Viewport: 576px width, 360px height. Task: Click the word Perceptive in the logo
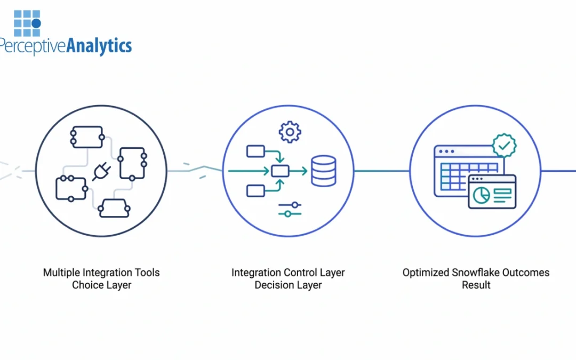click(x=33, y=46)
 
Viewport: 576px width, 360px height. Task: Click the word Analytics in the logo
click(x=99, y=46)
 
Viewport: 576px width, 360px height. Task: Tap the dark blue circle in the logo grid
click(x=36, y=23)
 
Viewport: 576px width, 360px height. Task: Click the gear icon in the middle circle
click(x=290, y=132)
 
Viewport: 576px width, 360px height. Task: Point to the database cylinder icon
click(x=323, y=171)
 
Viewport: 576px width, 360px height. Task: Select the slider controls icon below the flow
click(x=290, y=209)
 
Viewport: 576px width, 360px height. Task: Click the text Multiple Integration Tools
click(x=101, y=273)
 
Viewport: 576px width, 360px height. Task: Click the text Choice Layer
click(x=101, y=285)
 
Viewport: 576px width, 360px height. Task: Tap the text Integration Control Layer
click(x=288, y=273)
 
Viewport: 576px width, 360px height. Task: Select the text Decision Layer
click(x=288, y=285)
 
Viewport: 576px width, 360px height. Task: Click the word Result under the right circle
click(x=476, y=285)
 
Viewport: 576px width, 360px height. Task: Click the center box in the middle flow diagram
click(x=280, y=171)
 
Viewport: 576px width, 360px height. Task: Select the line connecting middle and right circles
click(x=382, y=171)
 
